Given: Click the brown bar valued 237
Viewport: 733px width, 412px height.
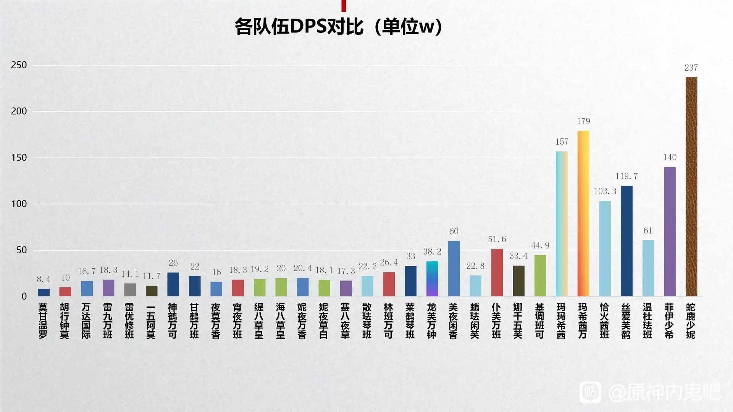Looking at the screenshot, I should click(691, 187).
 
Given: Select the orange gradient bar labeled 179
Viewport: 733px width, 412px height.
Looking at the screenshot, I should click(583, 214).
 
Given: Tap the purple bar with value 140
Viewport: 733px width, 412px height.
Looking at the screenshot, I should click(670, 232).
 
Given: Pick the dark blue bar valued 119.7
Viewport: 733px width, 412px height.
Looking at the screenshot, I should click(626, 241).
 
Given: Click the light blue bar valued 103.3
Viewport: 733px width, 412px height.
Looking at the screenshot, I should click(605, 249).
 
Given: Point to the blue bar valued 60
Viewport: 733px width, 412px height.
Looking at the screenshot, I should click(454, 269).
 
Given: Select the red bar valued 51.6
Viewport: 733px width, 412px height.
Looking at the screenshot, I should click(497, 272).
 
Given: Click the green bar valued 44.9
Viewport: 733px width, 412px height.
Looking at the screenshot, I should click(540, 275).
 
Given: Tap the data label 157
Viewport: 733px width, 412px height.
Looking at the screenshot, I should click(562, 142).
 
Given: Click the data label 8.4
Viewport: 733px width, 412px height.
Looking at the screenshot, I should click(44, 279).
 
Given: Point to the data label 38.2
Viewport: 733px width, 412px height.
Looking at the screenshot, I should click(432, 252).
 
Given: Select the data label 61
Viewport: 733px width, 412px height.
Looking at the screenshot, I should click(648, 231).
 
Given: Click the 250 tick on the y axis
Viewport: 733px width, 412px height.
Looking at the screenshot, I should click(19, 65).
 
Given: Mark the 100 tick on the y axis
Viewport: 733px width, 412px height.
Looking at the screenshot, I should click(19, 204).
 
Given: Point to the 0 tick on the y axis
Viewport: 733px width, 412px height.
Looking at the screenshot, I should click(24, 296).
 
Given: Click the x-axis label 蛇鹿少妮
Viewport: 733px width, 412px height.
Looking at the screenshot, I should click(691, 321).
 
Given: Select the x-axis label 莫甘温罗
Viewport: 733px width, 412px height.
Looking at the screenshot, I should click(43, 321).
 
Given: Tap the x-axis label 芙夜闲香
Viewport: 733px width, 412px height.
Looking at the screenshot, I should click(453, 321).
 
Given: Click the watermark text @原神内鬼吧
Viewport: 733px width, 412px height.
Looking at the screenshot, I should click(664, 392).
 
